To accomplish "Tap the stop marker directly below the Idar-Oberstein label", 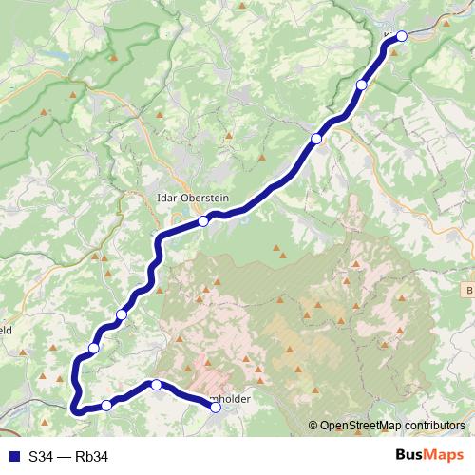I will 203,221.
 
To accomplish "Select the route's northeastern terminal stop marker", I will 402,36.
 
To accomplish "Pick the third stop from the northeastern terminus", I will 316,139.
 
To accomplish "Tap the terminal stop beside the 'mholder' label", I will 216,408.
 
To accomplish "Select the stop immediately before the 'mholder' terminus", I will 157,385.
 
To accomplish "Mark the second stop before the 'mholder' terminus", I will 106,406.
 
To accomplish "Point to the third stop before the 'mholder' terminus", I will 93,349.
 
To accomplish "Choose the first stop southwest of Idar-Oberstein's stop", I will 122,314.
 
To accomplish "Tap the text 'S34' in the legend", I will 41,457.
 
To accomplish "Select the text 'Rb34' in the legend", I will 92,457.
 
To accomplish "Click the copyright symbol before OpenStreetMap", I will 313,427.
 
